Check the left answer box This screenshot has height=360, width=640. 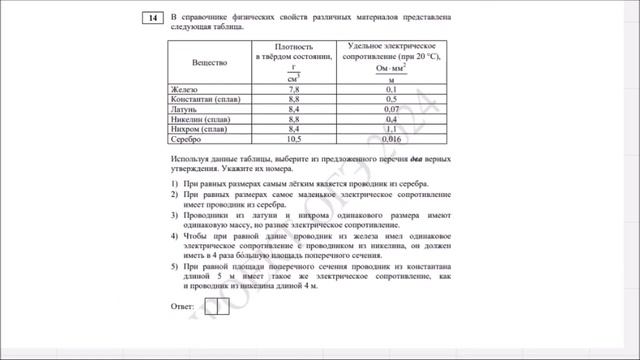211,306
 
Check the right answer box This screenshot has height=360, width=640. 223,306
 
